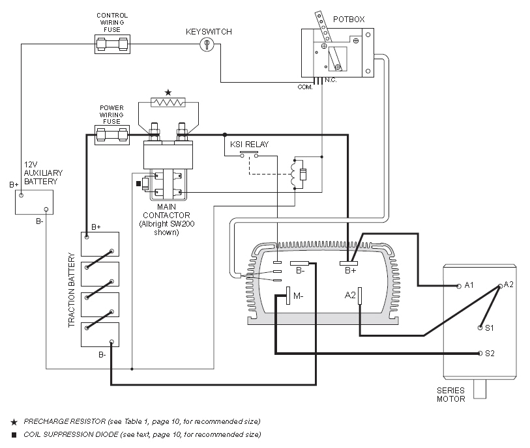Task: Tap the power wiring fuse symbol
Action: (x=111, y=135)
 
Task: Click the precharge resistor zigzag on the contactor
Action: (x=169, y=102)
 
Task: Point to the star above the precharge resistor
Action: (x=168, y=92)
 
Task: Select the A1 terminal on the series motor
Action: (x=459, y=286)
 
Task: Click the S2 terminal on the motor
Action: (x=480, y=354)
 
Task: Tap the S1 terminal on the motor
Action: (x=480, y=328)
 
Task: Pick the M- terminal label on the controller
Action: (x=298, y=296)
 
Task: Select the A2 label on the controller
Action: (x=350, y=296)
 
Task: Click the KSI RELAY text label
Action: (x=249, y=144)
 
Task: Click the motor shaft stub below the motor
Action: (x=480, y=389)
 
